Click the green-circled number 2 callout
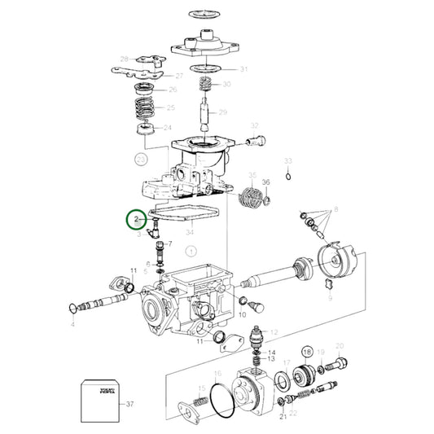(x=136, y=221)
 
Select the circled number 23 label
(x=142, y=159)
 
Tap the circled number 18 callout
(x=308, y=352)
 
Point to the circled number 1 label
(x=191, y=252)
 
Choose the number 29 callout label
(x=222, y=112)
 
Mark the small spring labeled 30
(x=205, y=85)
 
